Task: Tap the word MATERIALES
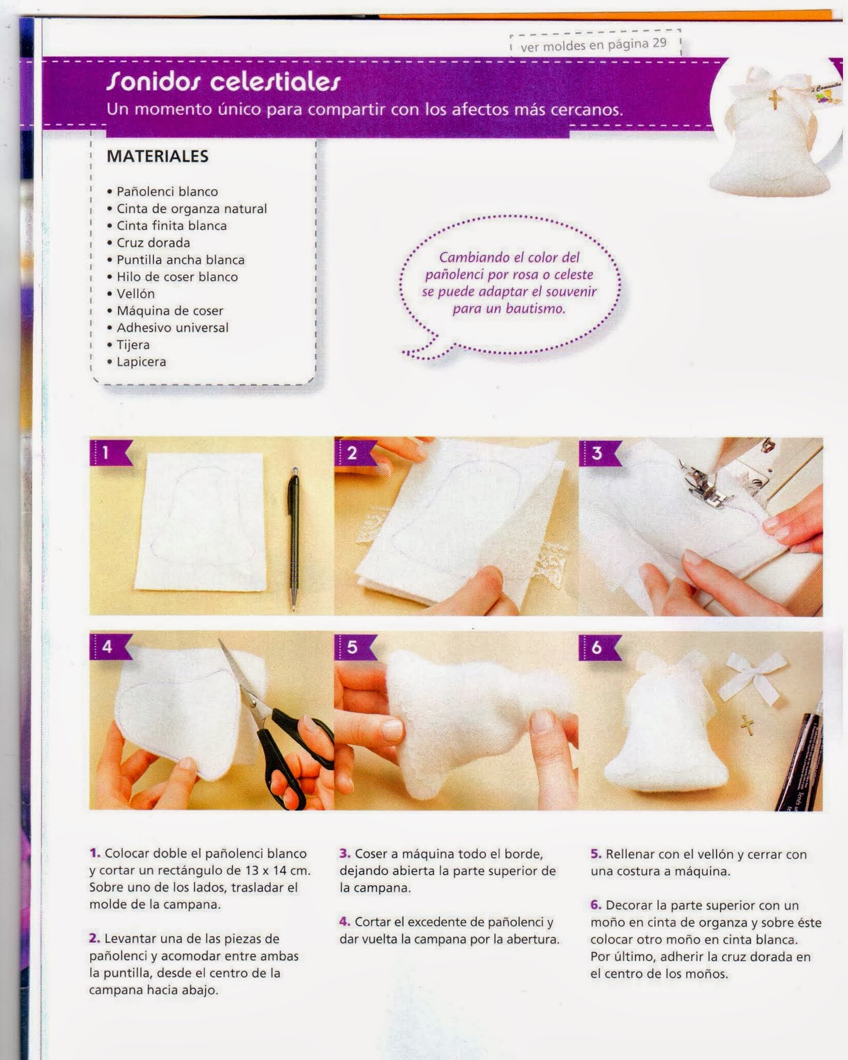pyautogui.click(x=158, y=156)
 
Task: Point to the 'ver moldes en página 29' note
pyautogui.click(x=594, y=46)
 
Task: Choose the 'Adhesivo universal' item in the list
pyautogui.click(x=173, y=328)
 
